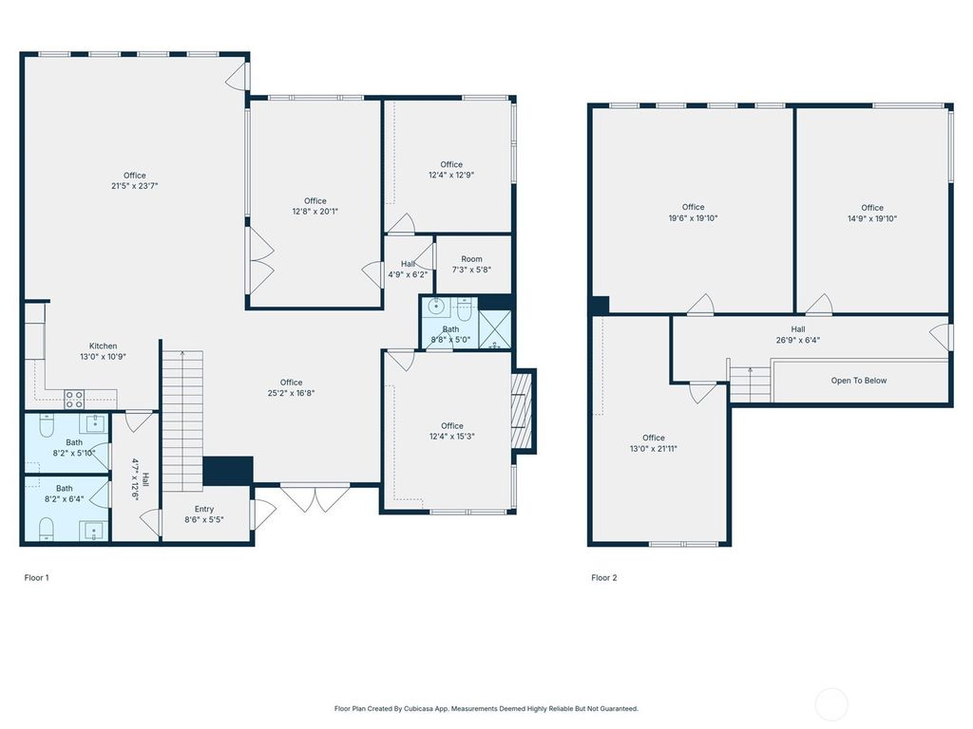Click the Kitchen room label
pyautogui.click(x=103, y=346)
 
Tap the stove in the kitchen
pyautogui.click(x=74, y=400)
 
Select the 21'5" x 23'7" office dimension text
pyautogui.click(x=135, y=185)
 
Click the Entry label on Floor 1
pyautogui.click(x=204, y=509)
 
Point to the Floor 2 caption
pyautogui.click(x=603, y=578)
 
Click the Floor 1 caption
pyautogui.click(x=37, y=578)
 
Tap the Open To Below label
pyautogui.click(x=859, y=381)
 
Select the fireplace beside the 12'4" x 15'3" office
pyautogui.click(x=522, y=411)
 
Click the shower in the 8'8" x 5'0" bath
pyautogui.click(x=494, y=329)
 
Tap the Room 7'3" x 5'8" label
pyautogui.click(x=471, y=264)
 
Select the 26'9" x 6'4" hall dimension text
pyautogui.click(x=798, y=340)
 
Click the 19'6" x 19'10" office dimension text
pyautogui.click(x=693, y=218)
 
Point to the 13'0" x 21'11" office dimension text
pyautogui.click(x=654, y=449)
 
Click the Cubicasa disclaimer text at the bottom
pyautogui.click(x=486, y=708)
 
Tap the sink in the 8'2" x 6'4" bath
pyautogui.click(x=94, y=532)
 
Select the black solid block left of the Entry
pyautogui.click(x=228, y=471)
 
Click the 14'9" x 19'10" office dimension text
pyautogui.click(x=872, y=218)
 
